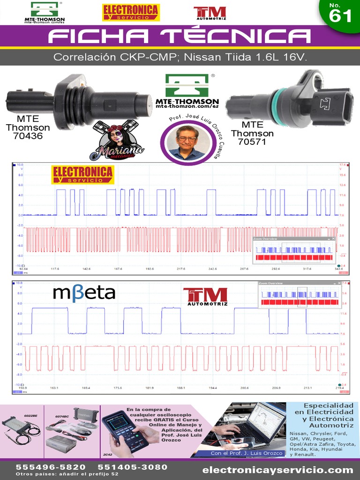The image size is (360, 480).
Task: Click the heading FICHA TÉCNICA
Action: pos(180,37)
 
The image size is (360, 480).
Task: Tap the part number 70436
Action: pos(28,136)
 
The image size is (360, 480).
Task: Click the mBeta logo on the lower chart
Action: pos(84,292)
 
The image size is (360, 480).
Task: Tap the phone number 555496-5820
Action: pos(51,467)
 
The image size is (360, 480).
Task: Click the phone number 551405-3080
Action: pos(132,467)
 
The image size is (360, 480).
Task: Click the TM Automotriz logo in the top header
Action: pos(210,13)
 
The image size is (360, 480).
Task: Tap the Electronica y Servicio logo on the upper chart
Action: pos(82,174)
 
